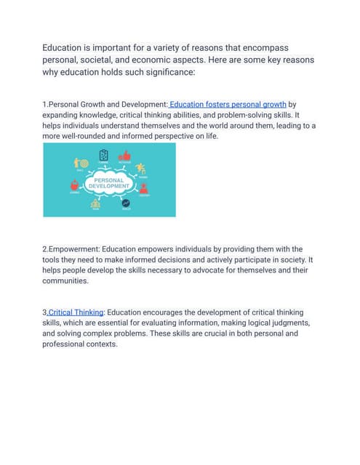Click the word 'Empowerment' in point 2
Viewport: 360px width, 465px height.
pyautogui.click(x=75, y=249)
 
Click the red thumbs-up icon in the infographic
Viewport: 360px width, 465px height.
pyautogui.click(x=124, y=155)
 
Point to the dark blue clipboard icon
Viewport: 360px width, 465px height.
pyautogui.click(x=103, y=155)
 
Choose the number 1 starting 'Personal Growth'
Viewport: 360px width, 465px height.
pyautogui.click(x=44, y=105)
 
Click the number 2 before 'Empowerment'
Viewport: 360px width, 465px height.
pyautogui.click(x=44, y=249)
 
